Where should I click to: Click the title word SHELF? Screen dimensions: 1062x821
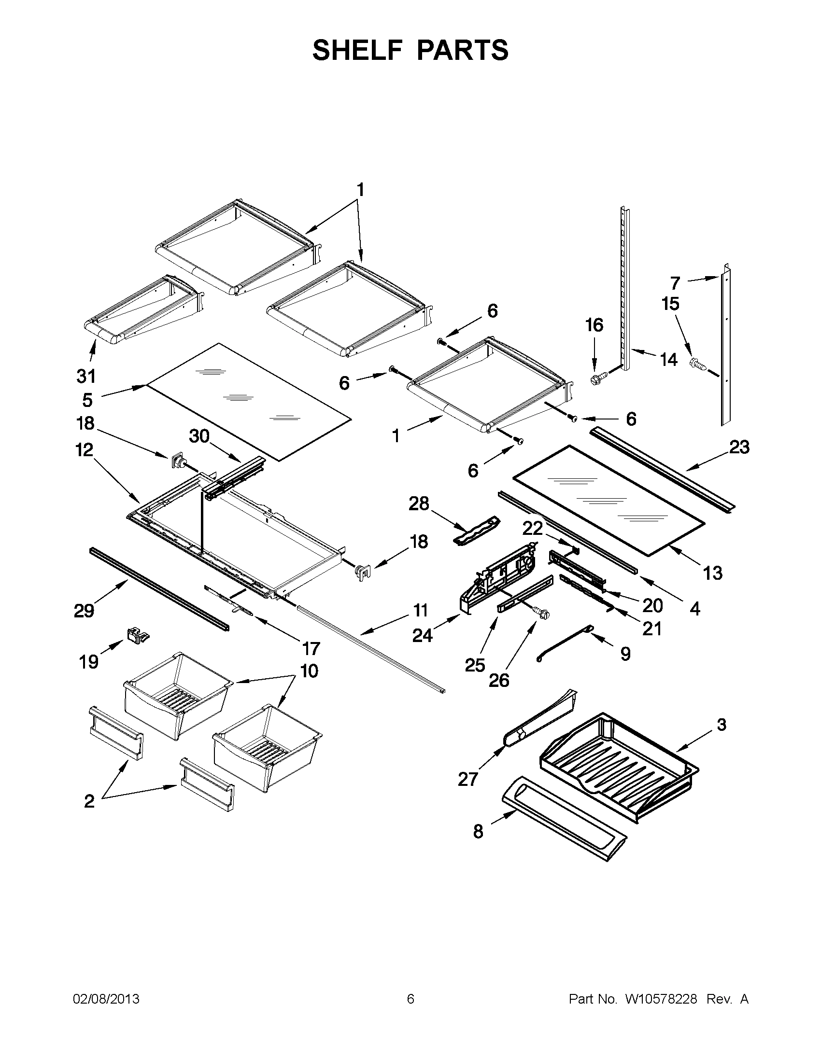click(x=357, y=50)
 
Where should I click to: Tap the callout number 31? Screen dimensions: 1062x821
click(x=86, y=376)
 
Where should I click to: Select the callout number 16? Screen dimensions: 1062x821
click(x=594, y=325)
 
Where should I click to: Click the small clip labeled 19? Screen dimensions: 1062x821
click(x=138, y=634)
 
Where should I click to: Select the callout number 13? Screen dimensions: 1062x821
click(x=712, y=573)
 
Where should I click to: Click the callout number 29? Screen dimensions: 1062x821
click(x=84, y=611)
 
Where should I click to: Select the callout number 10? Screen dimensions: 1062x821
click(x=310, y=671)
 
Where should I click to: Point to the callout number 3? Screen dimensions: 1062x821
click(x=722, y=738)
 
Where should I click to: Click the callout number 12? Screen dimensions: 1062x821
click(x=84, y=450)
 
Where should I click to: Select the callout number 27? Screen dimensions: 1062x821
click(x=468, y=780)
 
